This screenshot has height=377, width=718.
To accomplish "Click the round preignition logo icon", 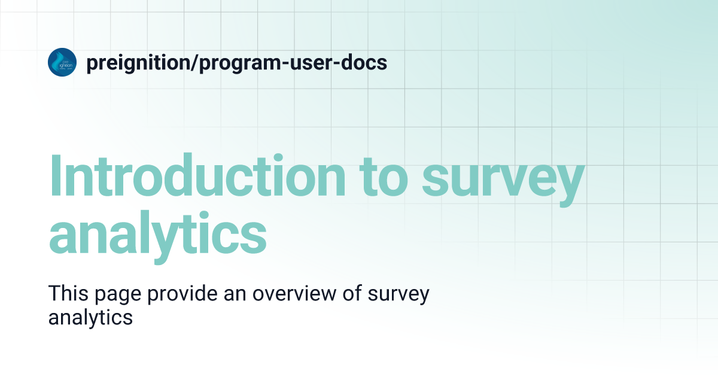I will [62, 62].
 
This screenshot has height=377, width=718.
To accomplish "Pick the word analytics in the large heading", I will [157, 233].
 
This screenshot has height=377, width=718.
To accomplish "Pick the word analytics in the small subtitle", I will [90, 318].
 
